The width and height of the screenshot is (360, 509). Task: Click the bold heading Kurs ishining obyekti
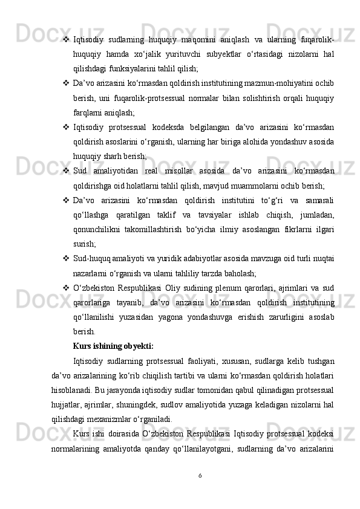pos(113,346)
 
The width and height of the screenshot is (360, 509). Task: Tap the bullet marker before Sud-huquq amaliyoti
pos(65,258)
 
